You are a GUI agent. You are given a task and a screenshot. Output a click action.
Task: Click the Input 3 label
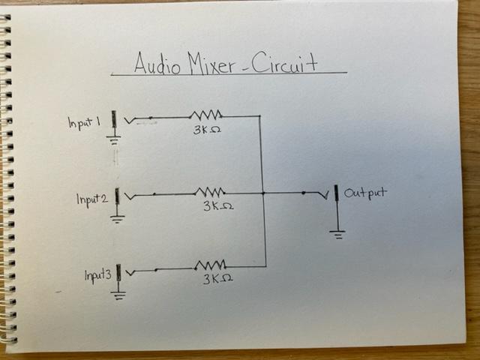[98, 275]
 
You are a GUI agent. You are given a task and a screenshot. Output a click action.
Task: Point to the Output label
[366, 193]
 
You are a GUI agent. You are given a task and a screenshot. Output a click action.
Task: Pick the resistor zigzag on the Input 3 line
[211, 265]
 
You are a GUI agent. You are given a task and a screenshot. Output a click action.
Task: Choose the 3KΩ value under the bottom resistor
[216, 279]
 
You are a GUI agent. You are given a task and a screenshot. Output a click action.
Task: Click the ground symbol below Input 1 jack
[113, 139]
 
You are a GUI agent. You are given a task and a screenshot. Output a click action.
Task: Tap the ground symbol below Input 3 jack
[118, 294]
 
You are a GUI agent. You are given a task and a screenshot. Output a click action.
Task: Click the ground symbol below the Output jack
[337, 233]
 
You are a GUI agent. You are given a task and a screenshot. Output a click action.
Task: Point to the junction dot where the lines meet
[264, 193]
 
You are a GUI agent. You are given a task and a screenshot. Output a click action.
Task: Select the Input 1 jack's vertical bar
[113, 120]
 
